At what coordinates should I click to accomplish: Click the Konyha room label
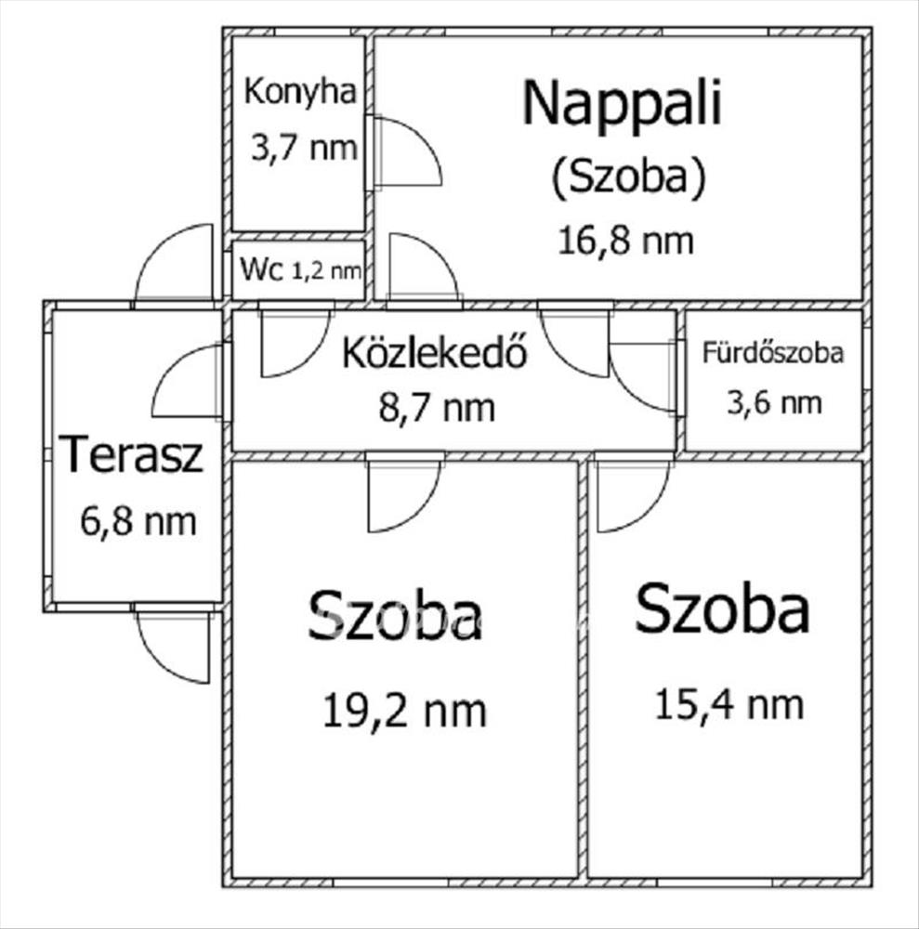(299, 92)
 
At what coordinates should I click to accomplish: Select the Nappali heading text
(622, 104)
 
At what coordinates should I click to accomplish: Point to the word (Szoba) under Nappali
(626, 177)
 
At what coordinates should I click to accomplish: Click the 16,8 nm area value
(625, 241)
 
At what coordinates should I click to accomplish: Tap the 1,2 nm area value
(327, 271)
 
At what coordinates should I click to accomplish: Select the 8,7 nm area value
(438, 407)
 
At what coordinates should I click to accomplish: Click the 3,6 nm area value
(774, 402)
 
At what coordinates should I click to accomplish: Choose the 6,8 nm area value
(138, 521)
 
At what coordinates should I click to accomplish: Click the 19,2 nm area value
(404, 712)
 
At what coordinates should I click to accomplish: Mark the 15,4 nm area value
(729, 704)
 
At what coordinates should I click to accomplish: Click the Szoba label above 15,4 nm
(721, 610)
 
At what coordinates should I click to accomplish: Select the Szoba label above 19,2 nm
(396, 616)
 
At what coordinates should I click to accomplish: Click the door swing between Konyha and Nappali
(405, 153)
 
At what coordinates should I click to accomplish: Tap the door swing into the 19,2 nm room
(403, 494)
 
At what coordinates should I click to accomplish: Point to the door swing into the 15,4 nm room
(630, 494)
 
